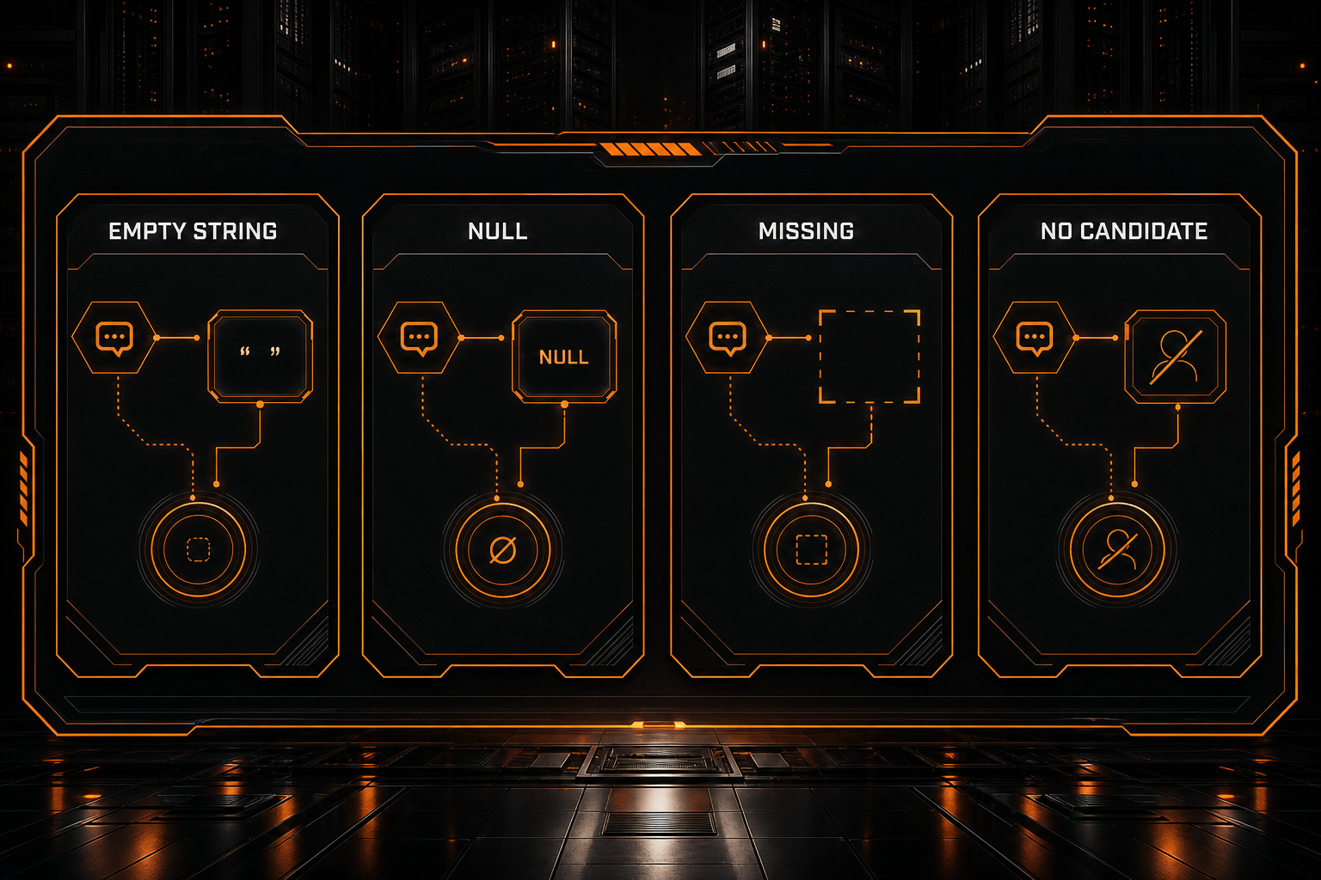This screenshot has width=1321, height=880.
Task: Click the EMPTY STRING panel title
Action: click(193, 231)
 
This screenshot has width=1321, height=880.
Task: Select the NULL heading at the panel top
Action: click(498, 231)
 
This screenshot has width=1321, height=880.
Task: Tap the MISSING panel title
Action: click(806, 231)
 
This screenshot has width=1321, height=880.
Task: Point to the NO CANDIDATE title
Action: click(1124, 231)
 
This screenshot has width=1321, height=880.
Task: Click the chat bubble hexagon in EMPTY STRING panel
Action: click(114, 338)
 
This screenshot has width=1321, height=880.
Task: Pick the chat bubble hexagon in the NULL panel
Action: click(420, 338)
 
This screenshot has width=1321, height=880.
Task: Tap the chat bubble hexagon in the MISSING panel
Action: click(728, 338)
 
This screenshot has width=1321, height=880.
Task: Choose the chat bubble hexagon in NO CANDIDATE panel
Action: click(1035, 338)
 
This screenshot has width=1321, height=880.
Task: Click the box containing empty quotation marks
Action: click(260, 357)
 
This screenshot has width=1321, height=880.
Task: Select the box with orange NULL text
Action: click(564, 357)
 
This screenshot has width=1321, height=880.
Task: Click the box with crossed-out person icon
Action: click(1176, 357)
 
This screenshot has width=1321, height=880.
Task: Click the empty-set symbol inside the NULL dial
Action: click(503, 550)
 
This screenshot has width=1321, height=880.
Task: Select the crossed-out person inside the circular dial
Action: click(1117, 550)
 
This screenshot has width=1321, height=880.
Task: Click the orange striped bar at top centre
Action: click(651, 149)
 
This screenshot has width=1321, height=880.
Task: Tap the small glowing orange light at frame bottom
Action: click(659, 724)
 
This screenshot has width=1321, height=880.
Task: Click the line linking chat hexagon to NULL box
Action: click(482, 338)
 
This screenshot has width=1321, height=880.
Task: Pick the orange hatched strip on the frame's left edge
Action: click(23, 489)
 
